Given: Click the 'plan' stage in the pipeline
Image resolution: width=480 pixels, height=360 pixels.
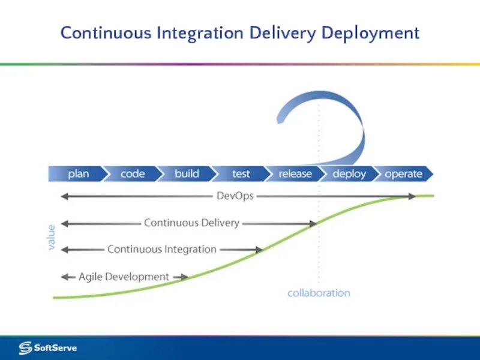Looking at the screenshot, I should pos(78,174).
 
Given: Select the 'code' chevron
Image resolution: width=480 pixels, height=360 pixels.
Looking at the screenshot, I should pos(133,174).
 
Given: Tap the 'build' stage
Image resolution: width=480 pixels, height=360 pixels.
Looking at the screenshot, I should pos(187,174).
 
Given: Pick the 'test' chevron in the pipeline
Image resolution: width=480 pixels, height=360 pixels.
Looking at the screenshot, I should pos(241,174).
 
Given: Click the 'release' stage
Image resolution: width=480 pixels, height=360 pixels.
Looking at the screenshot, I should pos(295,174).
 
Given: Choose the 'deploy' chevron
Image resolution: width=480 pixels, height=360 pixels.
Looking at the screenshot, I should pos(349,174).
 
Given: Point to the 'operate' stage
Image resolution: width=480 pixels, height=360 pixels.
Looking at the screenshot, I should pos(403,174).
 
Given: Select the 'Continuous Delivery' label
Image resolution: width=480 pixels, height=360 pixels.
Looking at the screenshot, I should pos(191,223).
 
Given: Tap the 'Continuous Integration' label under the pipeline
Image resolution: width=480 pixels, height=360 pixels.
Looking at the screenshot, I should pos(162,249).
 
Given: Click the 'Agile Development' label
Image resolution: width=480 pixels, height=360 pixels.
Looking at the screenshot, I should pos(124,277).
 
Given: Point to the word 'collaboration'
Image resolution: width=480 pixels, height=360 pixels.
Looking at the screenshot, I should pos(319,293).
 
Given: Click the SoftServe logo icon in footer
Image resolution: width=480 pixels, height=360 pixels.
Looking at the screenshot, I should pos(25,347).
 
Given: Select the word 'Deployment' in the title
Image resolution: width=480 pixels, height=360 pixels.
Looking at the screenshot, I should pos(370,33).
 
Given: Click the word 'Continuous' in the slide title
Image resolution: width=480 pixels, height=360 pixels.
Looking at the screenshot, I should pos(106,33).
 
